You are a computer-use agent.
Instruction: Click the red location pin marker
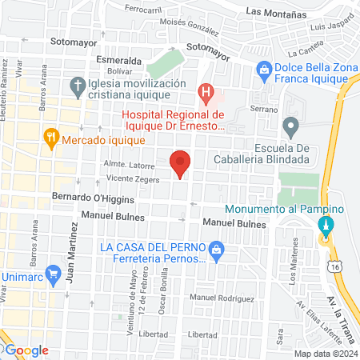[x=181, y=163]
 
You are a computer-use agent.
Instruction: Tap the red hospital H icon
[x=207, y=94]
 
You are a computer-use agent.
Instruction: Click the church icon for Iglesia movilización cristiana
[x=78, y=83]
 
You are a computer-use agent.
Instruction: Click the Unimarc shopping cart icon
[x=54, y=273]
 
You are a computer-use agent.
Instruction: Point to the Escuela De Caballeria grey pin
[x=291, y=126]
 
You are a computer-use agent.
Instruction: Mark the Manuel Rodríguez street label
[x=210, y=298]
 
